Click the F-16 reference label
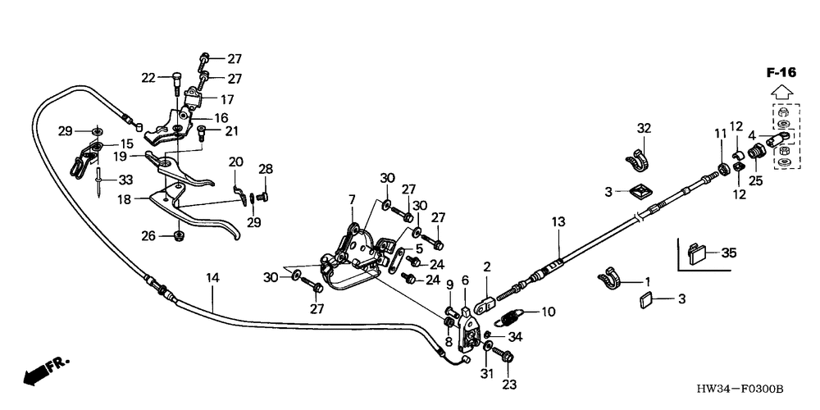[781, 73]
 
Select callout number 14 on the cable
[212, 279]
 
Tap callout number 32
[644, 128]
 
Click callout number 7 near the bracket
[351, 199]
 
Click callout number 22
[148, 78]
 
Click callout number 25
[755, 179]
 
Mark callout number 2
[486, 267]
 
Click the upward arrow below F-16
[781, 91]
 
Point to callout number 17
[226, 99]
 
